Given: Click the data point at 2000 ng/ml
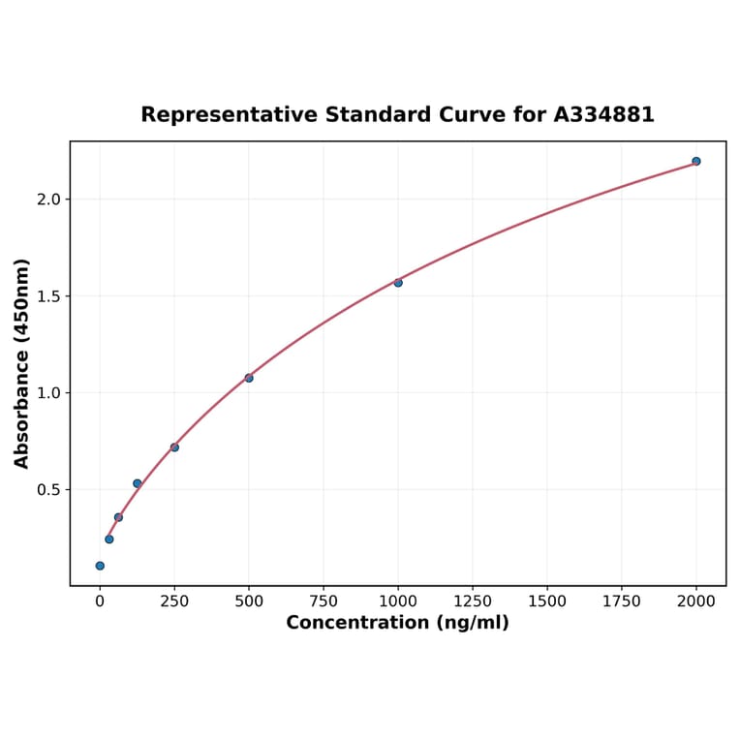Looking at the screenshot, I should (x=696, y=161).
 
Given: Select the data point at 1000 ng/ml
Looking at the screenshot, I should (x=398, y=283).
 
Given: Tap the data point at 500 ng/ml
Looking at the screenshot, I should (x=249, y=378).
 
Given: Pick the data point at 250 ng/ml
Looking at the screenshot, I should (x=174, y=447).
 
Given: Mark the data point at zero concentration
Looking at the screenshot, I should (x=100, y=566).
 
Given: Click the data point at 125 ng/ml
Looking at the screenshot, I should (x=138, y=483).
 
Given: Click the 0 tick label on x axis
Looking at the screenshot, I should (x=100, y=601).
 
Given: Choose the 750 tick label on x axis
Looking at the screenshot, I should (x=324, y=601).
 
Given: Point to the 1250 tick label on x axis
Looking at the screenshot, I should (x=473, y=601).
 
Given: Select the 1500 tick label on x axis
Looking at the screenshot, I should (x=547, y=601).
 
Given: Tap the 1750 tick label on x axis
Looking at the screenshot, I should (x=622, y=601).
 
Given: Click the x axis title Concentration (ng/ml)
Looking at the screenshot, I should (x=397, y=623).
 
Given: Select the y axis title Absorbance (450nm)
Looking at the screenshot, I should (x=21, y=363).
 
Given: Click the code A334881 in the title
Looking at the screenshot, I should (x=603, y=115).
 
